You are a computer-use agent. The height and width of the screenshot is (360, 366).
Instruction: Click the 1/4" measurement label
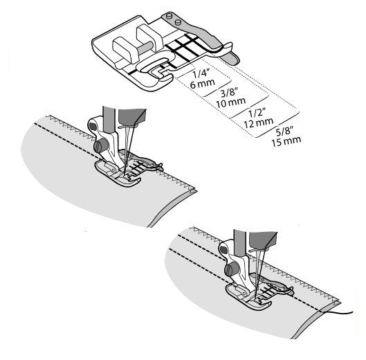[x=200, y=75]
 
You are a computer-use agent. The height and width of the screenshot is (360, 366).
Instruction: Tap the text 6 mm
[x=203, y=84]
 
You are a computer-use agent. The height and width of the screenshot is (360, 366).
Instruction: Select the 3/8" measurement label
[x=228, y=93]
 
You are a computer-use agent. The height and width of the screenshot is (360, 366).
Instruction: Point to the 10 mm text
[x=231, y=102]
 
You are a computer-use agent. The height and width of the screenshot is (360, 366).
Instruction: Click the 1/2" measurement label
[x=257, y=114]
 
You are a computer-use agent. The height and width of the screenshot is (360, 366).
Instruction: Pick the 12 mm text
[x=259, y=123]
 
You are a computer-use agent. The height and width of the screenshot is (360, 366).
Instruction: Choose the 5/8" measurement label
[x=284, y=132]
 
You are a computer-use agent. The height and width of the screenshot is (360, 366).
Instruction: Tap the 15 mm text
[x=286, y=141]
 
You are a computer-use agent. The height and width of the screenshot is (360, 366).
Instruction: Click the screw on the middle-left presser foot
[x=101, y=146]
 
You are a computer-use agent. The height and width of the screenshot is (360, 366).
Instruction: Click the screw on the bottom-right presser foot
[x=232, y=269]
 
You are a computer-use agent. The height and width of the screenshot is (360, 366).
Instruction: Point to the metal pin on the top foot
[x=145, y=48]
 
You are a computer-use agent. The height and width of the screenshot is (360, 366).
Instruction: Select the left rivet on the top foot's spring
[x=168, y=16]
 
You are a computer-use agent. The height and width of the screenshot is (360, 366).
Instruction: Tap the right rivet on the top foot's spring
[x=178, y=22]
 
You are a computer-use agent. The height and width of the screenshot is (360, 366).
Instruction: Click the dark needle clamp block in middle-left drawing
[x=132, y=116]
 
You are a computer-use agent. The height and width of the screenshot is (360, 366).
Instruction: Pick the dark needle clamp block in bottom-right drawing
[x=263, y=240]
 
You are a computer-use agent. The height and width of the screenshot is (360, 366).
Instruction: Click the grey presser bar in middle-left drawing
[x=109, y=120]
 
